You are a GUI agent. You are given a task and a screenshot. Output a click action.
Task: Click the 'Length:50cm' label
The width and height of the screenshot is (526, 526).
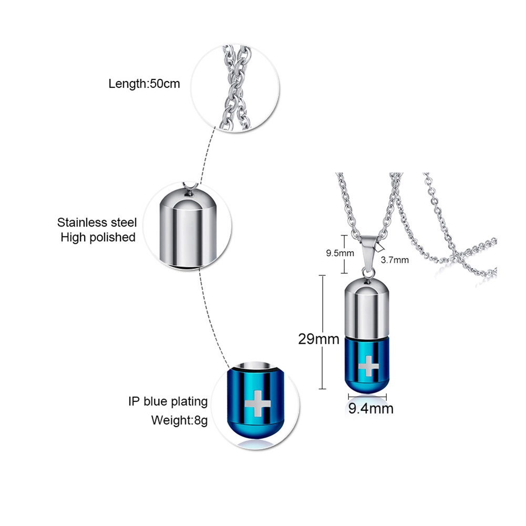[144, 83]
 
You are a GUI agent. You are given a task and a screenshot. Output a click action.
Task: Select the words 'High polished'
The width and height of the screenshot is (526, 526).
[98, 237]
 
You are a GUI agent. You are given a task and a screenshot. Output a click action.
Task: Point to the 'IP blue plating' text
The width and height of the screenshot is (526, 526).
[168, 401]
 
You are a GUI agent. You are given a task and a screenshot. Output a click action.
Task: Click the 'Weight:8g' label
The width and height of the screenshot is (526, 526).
[180, 420]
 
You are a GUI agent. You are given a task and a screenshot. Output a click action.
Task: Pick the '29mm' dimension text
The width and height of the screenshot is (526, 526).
[318, 339]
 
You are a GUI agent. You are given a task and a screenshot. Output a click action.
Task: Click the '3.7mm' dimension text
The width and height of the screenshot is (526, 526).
[395, 259]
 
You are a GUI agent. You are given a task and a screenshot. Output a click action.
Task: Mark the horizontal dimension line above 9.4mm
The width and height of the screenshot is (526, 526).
[364, 397]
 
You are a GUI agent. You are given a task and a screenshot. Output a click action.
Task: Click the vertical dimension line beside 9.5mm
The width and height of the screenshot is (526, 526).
[345, 254]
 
